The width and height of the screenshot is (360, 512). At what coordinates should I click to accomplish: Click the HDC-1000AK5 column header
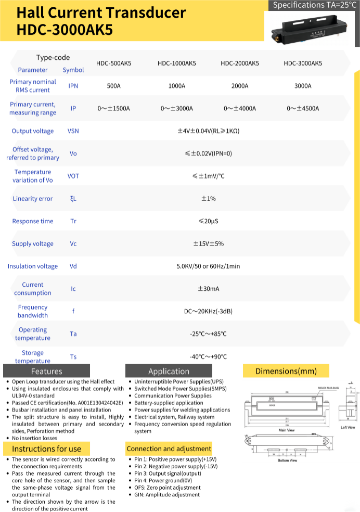(x=176, y=63)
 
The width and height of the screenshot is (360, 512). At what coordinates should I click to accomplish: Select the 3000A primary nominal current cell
(x=303, y=86)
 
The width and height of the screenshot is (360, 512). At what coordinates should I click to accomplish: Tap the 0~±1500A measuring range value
(x=113, y=108)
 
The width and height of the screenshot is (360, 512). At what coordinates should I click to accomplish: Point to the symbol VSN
(x=73, y=131)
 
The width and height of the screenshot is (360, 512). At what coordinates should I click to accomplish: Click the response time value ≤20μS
(x=208, y=221)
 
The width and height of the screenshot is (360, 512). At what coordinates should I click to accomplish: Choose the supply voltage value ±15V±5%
(x=208, y=244)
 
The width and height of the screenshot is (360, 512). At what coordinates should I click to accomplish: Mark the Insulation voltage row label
(x=33, y=266)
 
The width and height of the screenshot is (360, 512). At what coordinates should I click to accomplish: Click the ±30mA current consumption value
(x=208, y=289)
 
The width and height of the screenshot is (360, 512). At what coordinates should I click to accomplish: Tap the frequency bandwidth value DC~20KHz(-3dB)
(x=208, y=311)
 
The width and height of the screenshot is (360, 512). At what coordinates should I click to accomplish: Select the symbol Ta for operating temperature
(x=73, y=334)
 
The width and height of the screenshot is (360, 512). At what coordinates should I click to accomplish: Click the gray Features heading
(x=46, y=371)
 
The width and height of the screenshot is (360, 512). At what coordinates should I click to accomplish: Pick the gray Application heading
(x=169, y=371)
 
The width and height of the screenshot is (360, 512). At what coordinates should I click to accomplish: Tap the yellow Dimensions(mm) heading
(x=286, y=371)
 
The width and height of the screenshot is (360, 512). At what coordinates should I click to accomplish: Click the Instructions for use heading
(x=46, y=449)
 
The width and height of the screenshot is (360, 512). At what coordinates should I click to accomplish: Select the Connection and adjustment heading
(x=169, y=449)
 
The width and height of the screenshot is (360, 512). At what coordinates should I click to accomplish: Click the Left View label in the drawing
(x=348, y=427)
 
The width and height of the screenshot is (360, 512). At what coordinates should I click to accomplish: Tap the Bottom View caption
(x=287, y=460)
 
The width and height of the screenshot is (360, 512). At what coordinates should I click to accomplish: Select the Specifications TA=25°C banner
(x=314, y=5)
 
